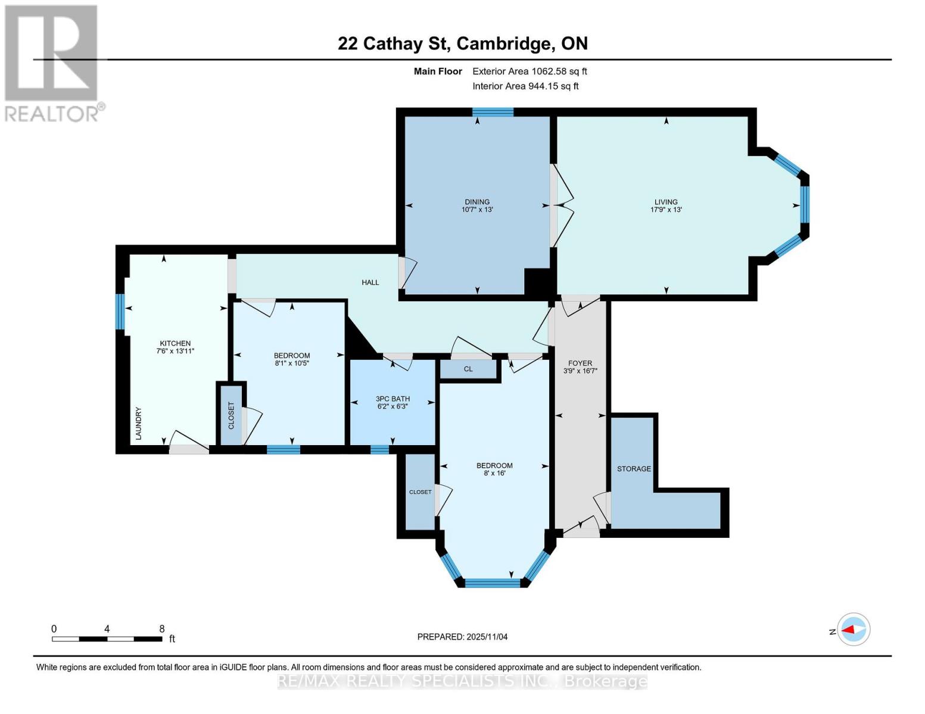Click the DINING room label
pyautogui.click(x=477, y=202)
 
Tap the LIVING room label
pyautogui.click(x=666, y=202)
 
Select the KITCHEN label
pyautogui.click(x=175, y=343)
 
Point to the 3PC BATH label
pyautogui.click(x=393, y=399)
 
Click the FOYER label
pyautogui.click(x=580, y=363)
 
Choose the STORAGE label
pyautogui.click(x=634, y=469)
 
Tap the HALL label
pyautogui.click(x=370, y=282)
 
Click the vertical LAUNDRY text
pyautogui.click(x=138, y=424)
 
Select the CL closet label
pyautogui.click(x=468, y=369)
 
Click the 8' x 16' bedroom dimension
pyautogui.click(x=494, y=474)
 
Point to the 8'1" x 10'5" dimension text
pyautogui.click(x=292, y=363)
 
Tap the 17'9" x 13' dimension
pyautogui.click(x=666, y=209)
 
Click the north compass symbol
pyautogui.click(x=854, y=630)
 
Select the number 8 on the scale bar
pyautogui.click(x=161, y=629)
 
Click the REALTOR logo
pyautogui.click(x=52, y=62)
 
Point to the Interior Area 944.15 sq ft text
pyautogui.click(x=525, y=86)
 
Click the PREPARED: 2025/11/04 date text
pyautogui.click(x=462, y=637)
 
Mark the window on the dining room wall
pyautogui.click(x=493, y=112)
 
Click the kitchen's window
pyautogui.click(x=120, y=312)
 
